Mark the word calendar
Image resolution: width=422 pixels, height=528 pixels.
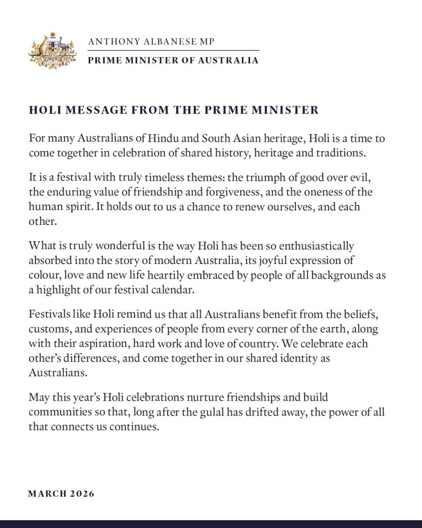[175, 289]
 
